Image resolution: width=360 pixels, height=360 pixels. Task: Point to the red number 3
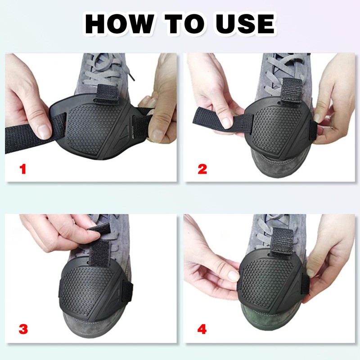pos(22,329)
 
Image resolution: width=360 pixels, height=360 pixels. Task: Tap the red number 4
pos(202,329)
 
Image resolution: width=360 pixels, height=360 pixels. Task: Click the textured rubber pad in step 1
pos(90,126)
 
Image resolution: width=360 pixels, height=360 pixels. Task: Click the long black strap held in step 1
pos(22,133)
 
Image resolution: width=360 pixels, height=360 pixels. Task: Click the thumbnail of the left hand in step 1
pos(44,131)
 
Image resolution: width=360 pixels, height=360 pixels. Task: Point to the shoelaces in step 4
pos(270,223)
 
